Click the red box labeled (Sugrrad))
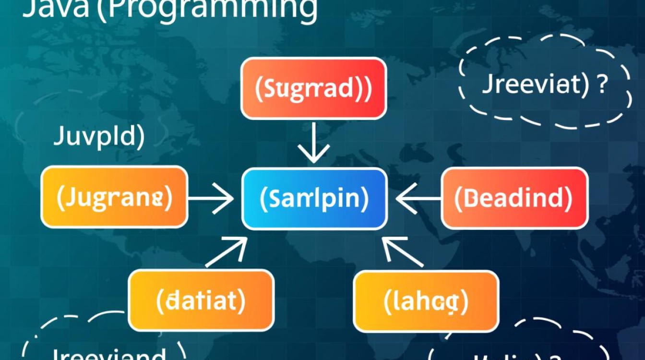(x=313, y=88)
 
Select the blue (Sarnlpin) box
(x=314, y=199)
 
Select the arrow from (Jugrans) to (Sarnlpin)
(x=211, y=198)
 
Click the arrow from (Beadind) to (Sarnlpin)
(x=418, y=198)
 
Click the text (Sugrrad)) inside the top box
(x=313, y=89)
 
